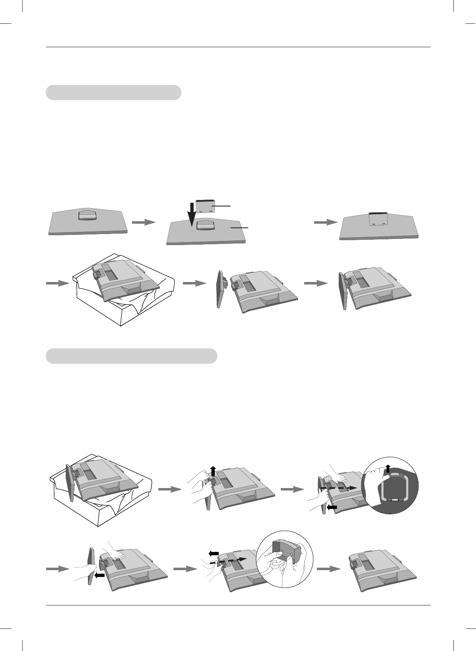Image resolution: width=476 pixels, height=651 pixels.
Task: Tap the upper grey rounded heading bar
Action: [113, 93]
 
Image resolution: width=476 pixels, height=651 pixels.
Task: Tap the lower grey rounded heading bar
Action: [131, 356]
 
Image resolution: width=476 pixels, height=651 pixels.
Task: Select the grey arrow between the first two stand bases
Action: [144, 222]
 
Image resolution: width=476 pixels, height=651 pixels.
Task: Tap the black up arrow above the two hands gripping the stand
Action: [213, 470]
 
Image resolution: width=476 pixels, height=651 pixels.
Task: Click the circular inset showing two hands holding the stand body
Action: [284, 556]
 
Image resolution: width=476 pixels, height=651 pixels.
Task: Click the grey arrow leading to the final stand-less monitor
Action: [329, 568]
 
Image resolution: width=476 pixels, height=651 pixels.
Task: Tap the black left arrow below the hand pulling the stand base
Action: [332, 507]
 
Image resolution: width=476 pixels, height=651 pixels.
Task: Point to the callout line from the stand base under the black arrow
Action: [240, 227]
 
